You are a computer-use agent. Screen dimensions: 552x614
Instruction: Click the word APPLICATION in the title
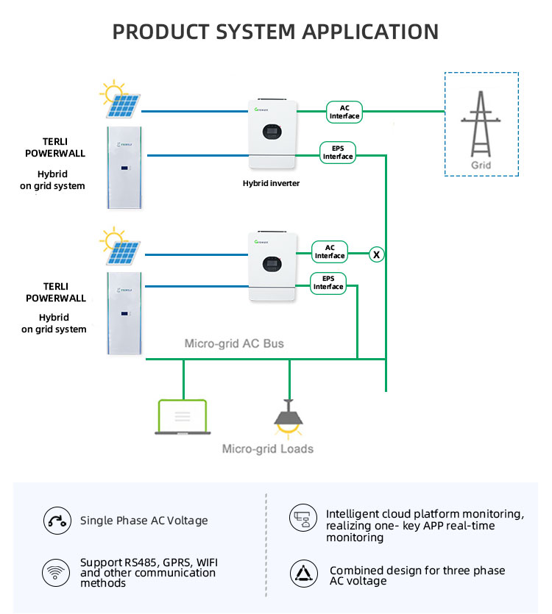tap(370, 32)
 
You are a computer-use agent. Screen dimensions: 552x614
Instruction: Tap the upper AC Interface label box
tap(344, 112)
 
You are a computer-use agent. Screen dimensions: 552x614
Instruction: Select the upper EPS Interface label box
tap(338, 152)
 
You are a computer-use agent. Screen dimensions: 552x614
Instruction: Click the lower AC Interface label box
tap(330, 251)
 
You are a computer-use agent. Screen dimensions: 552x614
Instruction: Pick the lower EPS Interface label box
tap(328, 282)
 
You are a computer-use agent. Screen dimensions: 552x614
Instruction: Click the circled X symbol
tap(376, 254)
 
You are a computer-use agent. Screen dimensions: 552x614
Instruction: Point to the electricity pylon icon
tap(481, 124)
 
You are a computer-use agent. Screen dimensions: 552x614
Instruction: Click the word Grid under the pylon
tap(481, 165)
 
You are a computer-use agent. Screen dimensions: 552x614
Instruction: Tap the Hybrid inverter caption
tap(271, 183)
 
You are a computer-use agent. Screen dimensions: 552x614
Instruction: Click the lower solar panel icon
tap(121, 246)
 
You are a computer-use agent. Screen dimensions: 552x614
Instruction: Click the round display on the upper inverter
tap(272, 132)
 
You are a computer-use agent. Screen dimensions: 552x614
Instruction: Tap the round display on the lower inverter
tap(272, 264)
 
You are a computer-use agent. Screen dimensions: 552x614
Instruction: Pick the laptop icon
tap(183, 417)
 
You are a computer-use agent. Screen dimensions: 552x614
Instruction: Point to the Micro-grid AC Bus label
tap(234, 343)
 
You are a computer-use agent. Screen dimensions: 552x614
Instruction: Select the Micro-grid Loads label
tap(268, 449)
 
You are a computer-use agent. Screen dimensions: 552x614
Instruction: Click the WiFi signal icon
tap(56, 573)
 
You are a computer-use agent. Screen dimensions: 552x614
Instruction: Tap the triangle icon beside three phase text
tap(304, 574)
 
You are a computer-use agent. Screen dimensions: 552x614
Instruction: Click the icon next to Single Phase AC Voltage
tap(57, 521)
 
